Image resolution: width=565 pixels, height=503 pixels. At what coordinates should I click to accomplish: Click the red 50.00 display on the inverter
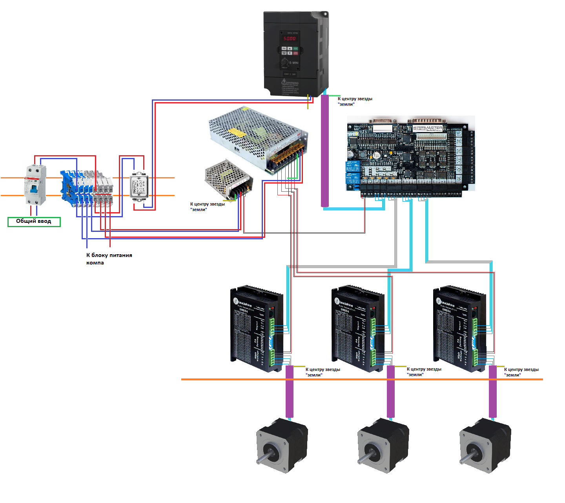click(x=290, y=39)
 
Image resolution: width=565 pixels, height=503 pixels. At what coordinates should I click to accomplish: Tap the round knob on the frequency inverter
click(x=284, y=62)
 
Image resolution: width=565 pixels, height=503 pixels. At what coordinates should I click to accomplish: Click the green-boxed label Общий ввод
click(x=34, y=222)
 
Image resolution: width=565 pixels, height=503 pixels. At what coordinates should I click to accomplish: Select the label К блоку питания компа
click(x=109, y=259)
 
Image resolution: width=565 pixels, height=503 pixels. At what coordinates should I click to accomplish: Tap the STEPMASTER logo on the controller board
click(x=427, y=128)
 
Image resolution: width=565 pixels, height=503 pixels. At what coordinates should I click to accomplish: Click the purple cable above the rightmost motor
click(x=492, y=391)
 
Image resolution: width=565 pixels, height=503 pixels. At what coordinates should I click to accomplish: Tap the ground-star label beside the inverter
click(x=355, y=101)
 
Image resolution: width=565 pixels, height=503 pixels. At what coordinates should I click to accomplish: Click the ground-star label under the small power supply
click(x=207, y=207)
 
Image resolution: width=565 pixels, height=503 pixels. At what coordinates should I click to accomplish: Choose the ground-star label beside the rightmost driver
click(x=521, y=372)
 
